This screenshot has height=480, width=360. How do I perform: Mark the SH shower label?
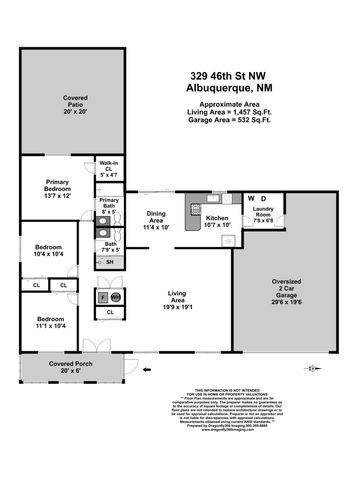point(110,261)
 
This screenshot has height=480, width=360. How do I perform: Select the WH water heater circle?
point(115,297)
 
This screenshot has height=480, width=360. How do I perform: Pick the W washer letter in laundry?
point(251,199)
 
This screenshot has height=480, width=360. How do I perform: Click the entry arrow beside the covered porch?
point(148,369)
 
